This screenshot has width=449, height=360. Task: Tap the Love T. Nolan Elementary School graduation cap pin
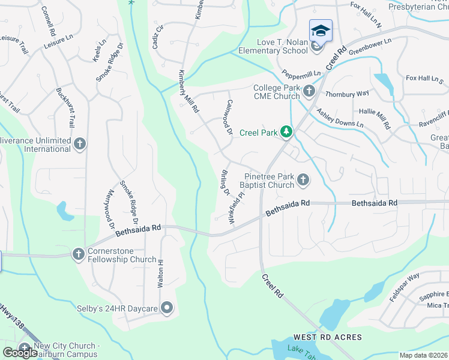coord(321,30)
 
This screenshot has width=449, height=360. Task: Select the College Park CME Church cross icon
coord(309,91)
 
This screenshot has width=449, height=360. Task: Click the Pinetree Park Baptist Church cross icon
coord(303,179)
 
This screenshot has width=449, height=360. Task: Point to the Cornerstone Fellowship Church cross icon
coord(78,254)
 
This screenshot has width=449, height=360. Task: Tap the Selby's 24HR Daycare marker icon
coord(167,308)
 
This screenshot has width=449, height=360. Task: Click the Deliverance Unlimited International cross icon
coord(80,143)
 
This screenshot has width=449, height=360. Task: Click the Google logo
coord(20,352)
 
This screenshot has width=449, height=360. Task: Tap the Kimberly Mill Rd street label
coord(187,92)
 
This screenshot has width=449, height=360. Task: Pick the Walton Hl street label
coord(160,273)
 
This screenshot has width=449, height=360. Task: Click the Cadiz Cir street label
coord(159,37)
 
